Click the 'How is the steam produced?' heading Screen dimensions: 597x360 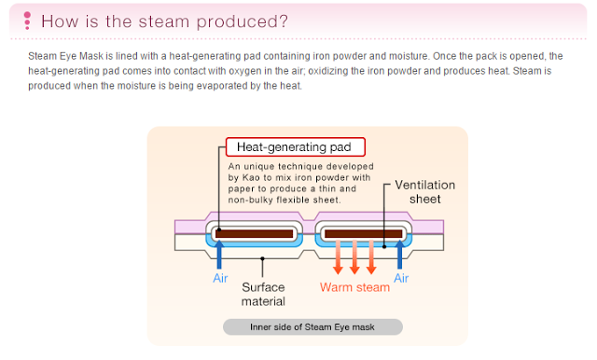(x=164, y=21)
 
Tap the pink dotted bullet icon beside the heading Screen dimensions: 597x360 (x=27, y=21)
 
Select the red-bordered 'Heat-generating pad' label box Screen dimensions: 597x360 (x=296, y=147)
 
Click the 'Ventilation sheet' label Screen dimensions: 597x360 (x=425, y=192)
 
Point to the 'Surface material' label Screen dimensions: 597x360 (x=263, y=294)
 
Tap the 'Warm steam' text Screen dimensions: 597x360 (x=354, y=287)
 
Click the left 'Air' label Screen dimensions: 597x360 (x=220, y=278)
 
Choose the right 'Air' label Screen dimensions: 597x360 (x=401, y=278)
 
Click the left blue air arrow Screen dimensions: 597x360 (x=219, y=255)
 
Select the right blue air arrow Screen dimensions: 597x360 (x=400, y=255)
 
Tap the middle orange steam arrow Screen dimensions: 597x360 (x=354, y=257)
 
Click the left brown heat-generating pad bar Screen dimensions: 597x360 (x=255, y=234)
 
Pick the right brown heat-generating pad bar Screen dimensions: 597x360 (x=364, y=234)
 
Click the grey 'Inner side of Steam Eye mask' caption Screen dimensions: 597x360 (x=312, y=327)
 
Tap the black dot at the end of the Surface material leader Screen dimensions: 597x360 (x=262, y=258)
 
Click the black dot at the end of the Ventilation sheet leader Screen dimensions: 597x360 (x=384, y=246)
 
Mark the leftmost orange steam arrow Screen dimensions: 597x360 (x=338, y=257)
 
